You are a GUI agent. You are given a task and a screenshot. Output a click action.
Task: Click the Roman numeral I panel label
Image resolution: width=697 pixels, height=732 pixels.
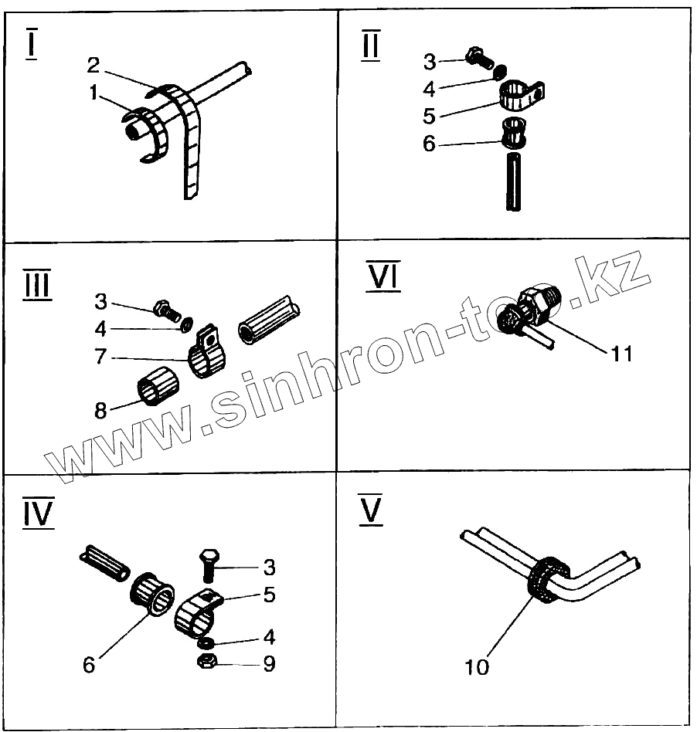31,45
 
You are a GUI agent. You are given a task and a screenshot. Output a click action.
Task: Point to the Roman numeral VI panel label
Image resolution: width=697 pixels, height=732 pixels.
382,276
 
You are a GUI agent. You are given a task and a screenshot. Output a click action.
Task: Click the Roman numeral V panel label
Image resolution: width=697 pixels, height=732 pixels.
372,512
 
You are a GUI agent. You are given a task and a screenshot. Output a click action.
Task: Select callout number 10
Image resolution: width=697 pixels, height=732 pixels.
478,666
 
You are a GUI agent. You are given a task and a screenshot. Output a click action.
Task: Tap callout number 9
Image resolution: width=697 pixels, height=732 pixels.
269,663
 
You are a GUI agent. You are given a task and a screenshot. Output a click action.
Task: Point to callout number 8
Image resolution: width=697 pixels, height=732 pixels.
101,411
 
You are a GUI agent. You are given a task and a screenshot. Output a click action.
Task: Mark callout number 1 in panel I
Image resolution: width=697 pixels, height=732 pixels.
94,93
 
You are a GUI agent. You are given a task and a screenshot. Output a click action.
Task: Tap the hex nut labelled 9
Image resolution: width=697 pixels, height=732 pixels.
206,662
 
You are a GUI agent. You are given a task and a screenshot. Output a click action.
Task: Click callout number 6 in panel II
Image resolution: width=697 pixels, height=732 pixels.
430,144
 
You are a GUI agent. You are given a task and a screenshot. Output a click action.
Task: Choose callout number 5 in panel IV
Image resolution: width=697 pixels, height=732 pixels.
269,595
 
